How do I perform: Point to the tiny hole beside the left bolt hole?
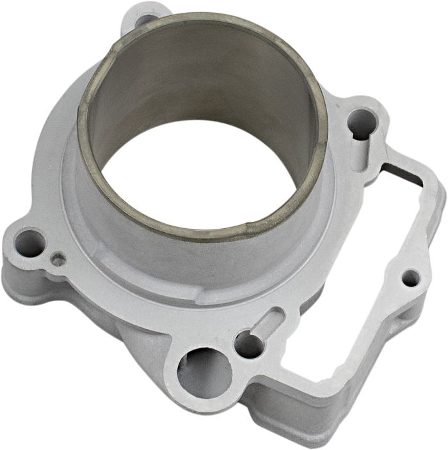(x=60, y=258)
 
